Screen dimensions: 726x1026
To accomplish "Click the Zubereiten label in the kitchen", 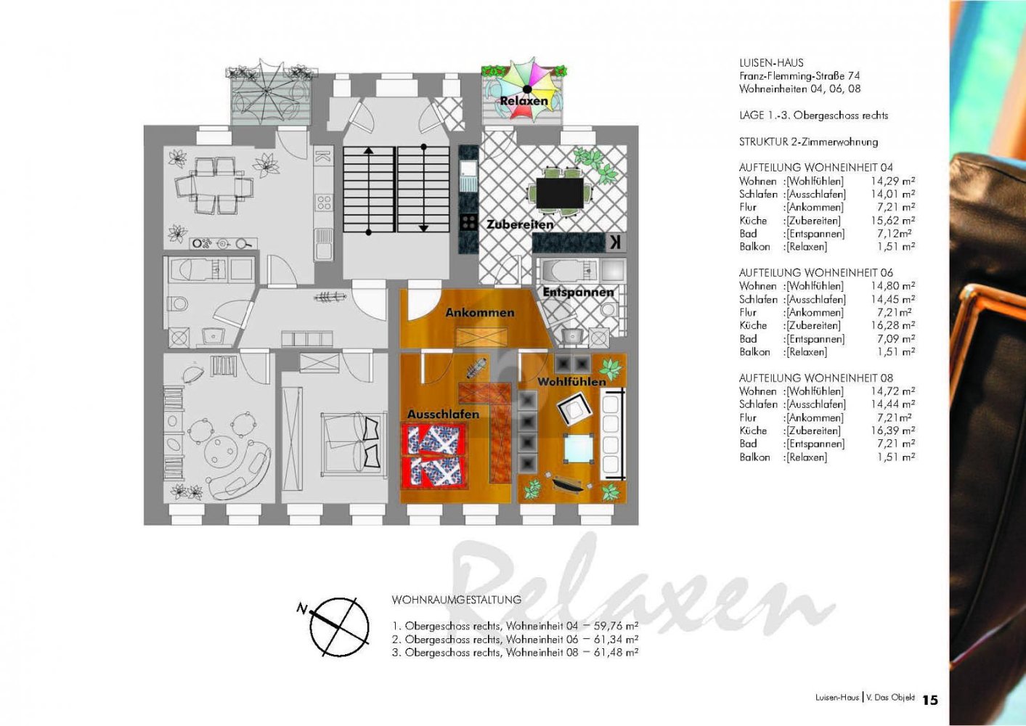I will [519, 224].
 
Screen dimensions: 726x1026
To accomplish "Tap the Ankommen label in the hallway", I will [479, 312].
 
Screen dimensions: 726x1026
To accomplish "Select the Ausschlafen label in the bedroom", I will [443, 414].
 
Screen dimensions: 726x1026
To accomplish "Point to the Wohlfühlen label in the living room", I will [571, 381].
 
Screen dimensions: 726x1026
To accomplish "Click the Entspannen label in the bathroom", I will [578, 292].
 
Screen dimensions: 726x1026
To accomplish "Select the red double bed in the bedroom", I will [433, 456].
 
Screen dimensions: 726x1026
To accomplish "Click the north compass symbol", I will [338, 626].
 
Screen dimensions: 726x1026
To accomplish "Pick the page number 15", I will [929, 700].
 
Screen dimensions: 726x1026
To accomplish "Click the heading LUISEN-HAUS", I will [771, 62].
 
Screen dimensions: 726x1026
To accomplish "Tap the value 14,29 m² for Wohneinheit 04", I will [892, 181].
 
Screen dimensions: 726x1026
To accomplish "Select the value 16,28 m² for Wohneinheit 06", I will [892, 325].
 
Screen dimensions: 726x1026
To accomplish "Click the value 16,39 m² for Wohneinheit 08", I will [892, 431].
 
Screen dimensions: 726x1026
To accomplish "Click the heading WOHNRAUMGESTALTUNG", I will [456, 600].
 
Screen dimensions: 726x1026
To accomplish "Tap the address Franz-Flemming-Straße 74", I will [799, 76].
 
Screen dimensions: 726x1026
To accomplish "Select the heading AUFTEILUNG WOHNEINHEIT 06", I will [815, 272].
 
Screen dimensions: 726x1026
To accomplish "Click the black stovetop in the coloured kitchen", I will [468, 223].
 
